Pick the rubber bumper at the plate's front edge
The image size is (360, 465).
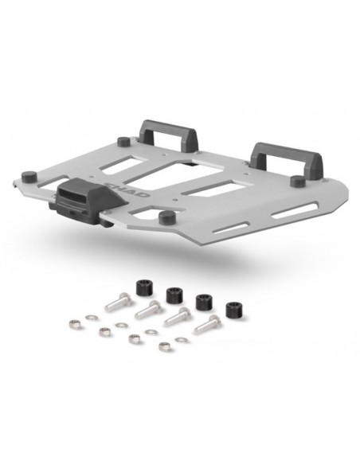click(166, 217)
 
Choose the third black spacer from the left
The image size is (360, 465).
click(203, 303)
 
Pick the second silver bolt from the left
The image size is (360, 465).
click(149, 310)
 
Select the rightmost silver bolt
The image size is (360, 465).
click(209, 324)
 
